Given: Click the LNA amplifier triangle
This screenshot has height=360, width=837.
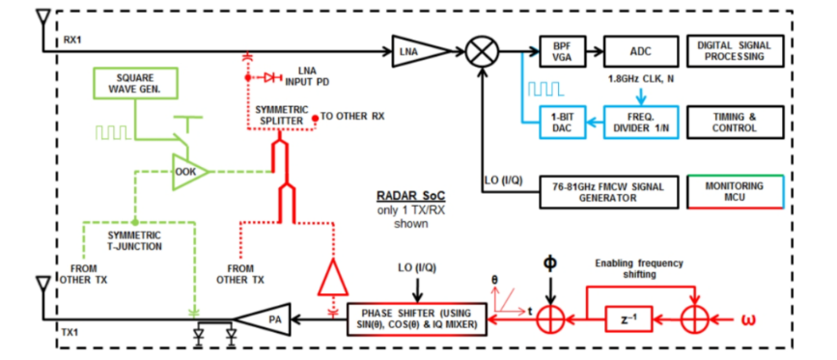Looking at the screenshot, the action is [x=419, y=51].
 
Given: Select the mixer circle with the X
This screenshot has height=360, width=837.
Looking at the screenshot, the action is [x=482, y=51].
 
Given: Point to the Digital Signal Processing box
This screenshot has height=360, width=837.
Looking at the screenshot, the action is [x=736, y=51].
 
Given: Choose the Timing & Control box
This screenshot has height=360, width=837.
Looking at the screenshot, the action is [x=736, y=123].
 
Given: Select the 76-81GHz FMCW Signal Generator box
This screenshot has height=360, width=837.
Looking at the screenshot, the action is [x=608, y=192].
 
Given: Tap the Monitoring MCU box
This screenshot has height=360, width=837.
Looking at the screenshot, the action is [x=736, y=192].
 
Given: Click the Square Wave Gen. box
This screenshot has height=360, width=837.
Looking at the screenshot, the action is [x=135, y=84].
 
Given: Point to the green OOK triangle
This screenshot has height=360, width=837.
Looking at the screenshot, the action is [x=188, y=171].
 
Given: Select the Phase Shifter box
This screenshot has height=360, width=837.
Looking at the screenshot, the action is [x=417, y=320].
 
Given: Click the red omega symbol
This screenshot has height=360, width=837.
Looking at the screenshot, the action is [x=746, y=320].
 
